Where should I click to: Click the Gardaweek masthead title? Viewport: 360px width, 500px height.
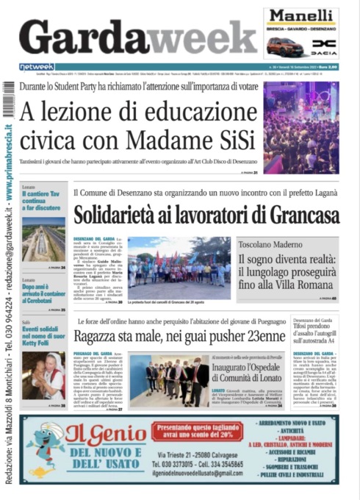(x=136, y=35)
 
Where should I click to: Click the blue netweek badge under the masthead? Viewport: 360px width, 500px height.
(x=36, y=67)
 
